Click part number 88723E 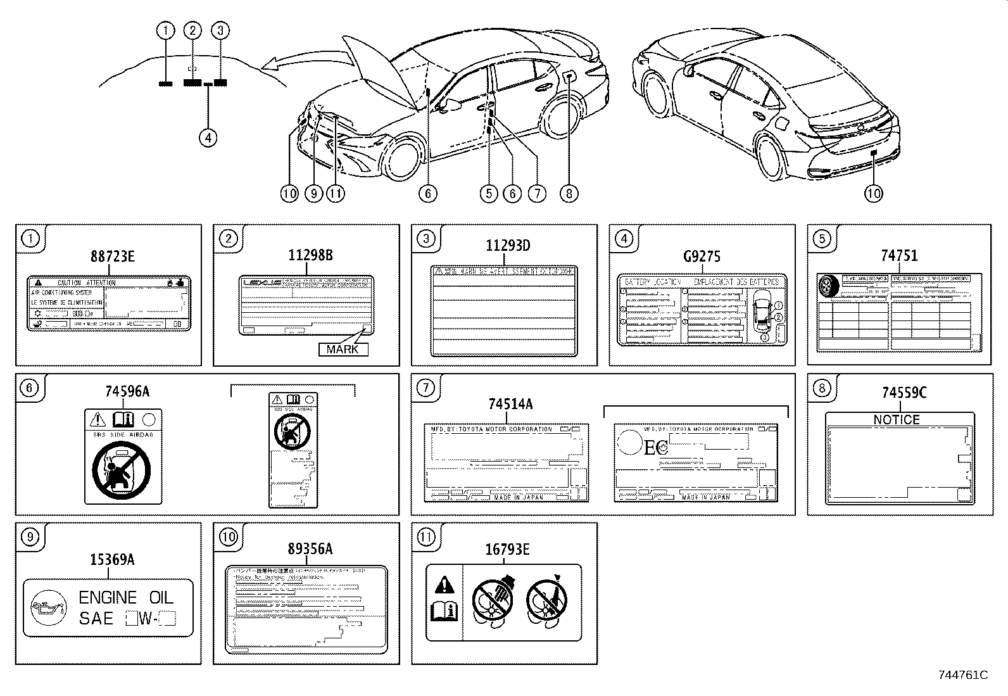coord(112,256)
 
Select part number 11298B coord(310,255)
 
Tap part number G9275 coord(702,256)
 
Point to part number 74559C coord(904,393)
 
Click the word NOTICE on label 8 coord(896,420)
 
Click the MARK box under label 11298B coord(343,349)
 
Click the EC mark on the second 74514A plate coord(656,448)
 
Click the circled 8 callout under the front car coord(569,193)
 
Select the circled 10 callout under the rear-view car coord(873,193)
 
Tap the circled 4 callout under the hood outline coord(208,137)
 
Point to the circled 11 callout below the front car coord(336,193)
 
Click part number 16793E coord(507,550)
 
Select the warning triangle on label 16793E coord(445,585)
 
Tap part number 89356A coord(310,549)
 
